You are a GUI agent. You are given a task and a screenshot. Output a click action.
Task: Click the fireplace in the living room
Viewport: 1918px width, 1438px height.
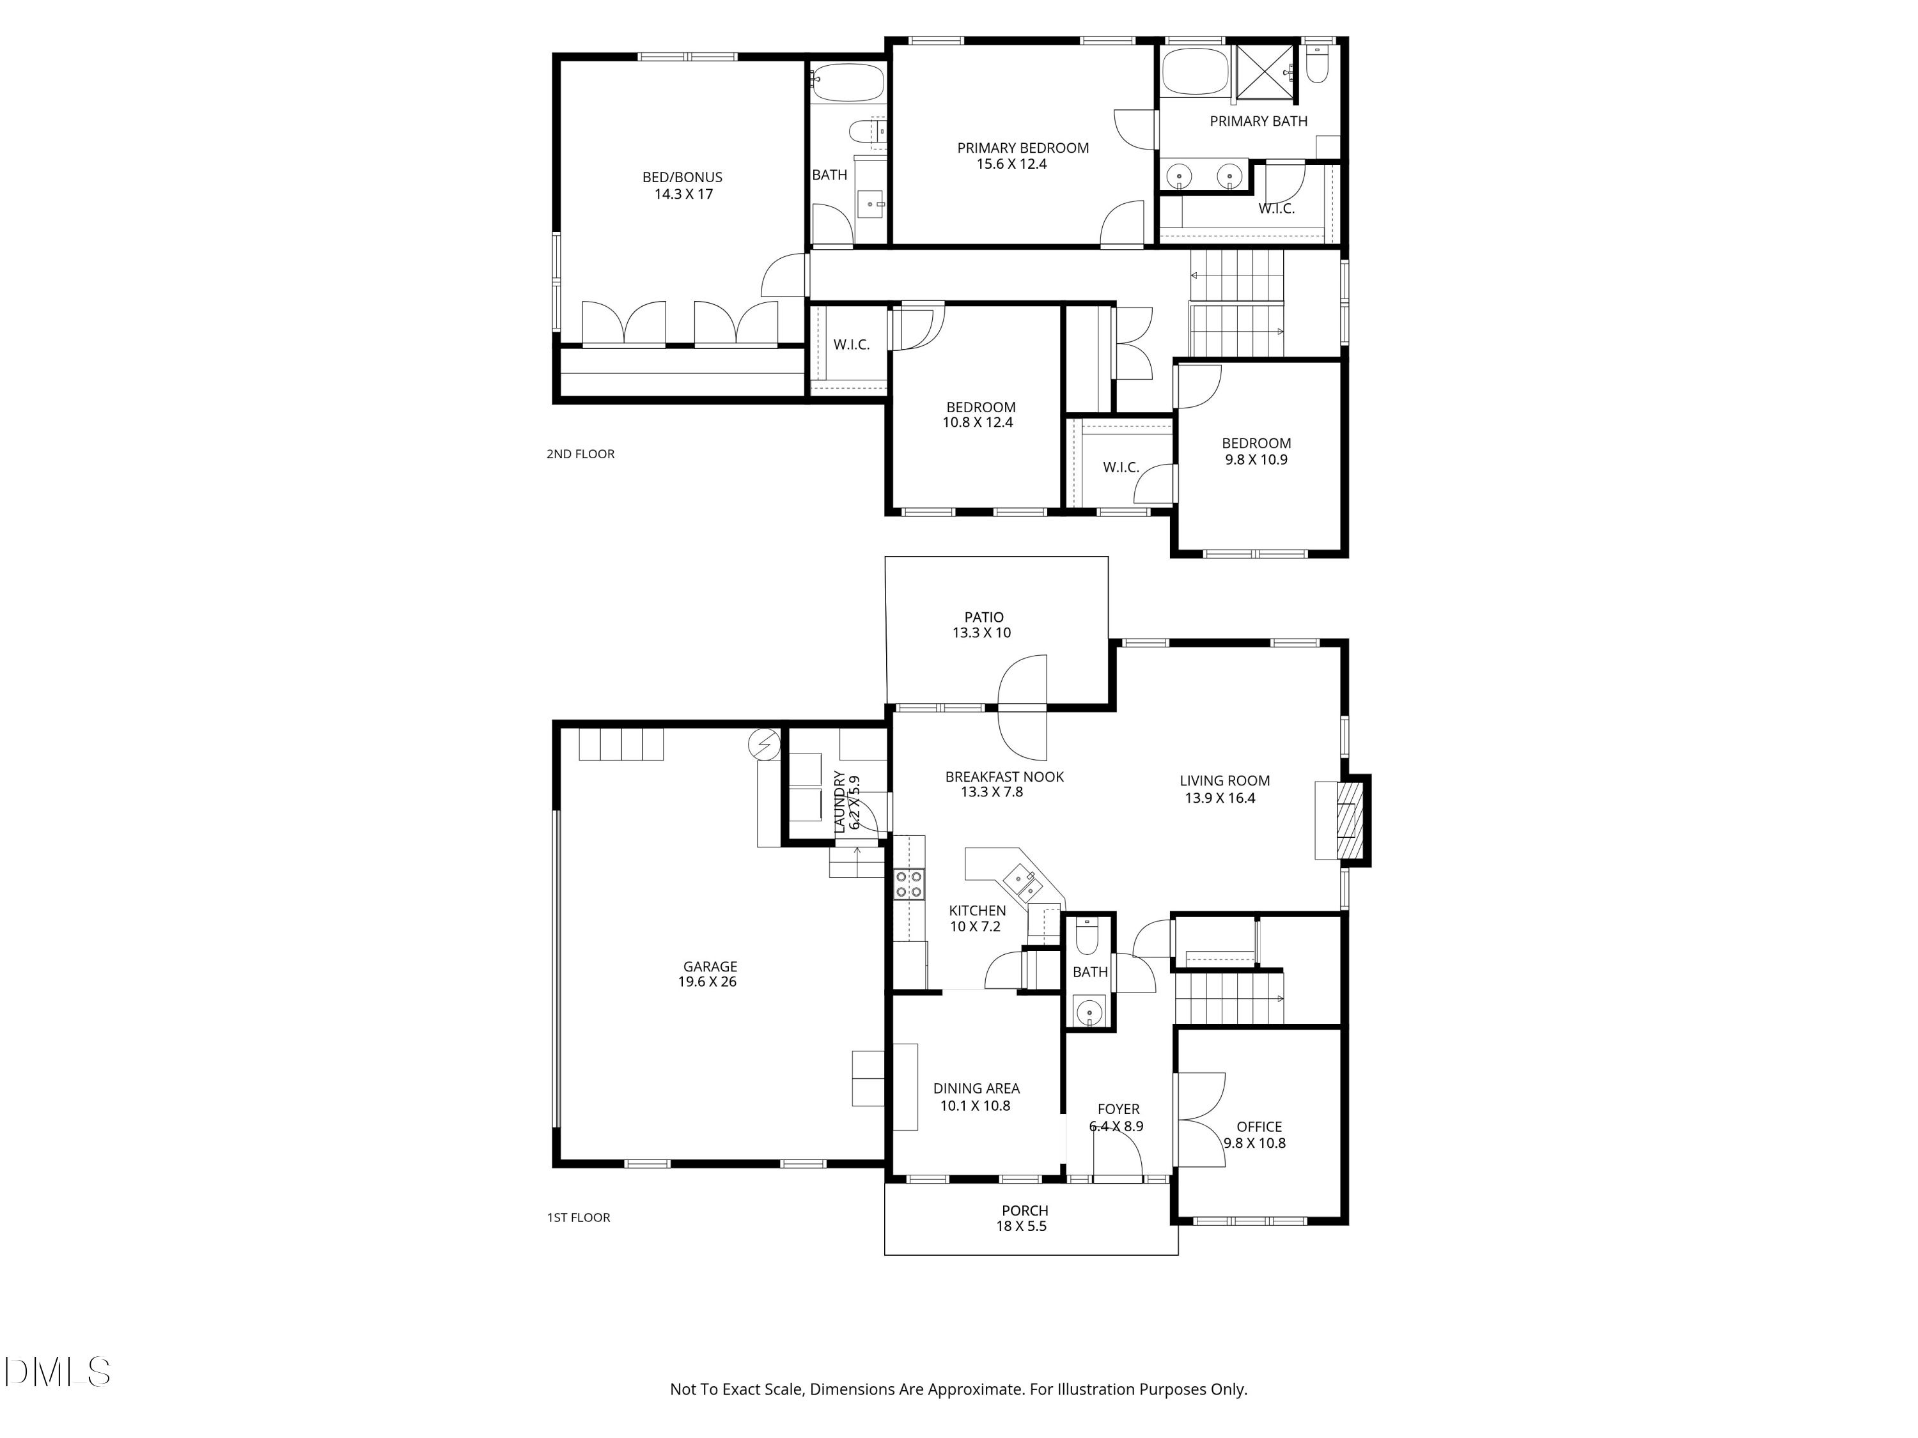[x=1349, y=820]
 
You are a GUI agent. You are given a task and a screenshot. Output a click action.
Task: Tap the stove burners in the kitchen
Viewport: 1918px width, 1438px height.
[x=908, y=884]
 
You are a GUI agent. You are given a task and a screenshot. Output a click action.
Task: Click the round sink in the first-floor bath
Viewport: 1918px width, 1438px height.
[x=1088, y=1010]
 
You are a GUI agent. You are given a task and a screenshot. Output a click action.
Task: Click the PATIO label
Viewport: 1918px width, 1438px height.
[x=983, y=617]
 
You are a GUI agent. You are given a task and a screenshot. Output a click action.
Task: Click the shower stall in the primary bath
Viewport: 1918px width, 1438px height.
[x=1265, y=73]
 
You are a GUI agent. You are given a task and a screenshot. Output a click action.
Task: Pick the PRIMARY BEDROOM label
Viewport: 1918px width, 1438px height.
[x=1022, y=148]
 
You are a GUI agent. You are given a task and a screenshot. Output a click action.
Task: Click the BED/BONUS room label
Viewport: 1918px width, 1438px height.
[x=682, y=177]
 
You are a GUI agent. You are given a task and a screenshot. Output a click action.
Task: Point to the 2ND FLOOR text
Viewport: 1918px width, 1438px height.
[x=580, y=454]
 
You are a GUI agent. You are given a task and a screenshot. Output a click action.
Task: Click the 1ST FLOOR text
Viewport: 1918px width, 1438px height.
[x=579, y=1218]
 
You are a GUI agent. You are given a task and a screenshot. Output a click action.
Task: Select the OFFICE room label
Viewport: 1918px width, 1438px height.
[x=1258, y=1127]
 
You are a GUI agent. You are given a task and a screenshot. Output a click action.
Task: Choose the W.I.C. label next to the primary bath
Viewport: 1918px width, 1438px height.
[x=1276, y=209]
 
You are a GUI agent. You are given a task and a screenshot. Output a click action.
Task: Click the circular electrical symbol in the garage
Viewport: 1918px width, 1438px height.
[x=765, y=745]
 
